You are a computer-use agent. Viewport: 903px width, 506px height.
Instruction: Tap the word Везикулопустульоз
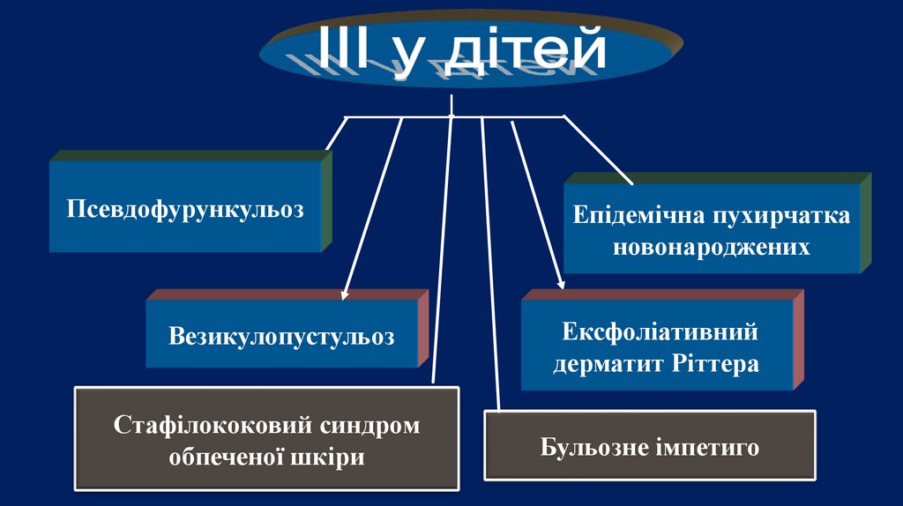point(281,336)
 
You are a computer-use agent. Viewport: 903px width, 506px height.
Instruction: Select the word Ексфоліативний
point(660,332)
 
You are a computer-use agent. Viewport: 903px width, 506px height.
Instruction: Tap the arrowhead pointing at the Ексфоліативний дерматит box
point(560,283)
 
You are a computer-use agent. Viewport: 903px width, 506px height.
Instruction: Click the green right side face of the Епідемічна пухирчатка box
point(865,222)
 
